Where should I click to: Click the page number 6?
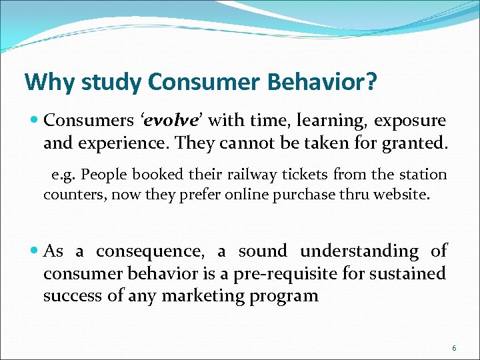(454, 348)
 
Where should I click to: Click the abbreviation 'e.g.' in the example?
(63, 175)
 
